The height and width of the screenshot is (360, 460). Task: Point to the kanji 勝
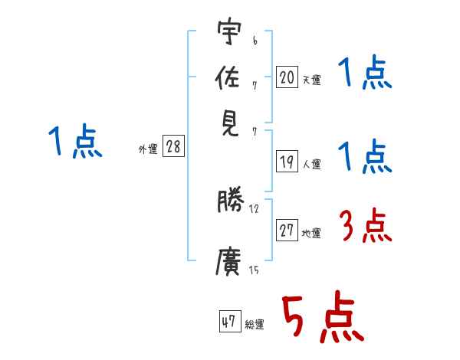pyautogui.click(x=229, y=201)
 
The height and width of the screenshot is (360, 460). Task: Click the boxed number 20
pyautogui.click(x=287, y=77)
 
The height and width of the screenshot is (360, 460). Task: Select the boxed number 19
pyautogui.click(x=287, y=162)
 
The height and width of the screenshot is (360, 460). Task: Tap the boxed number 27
pyautogui.click(x=287, y=231)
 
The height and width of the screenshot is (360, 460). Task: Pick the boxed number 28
pyautogui.click(x=173, y=147)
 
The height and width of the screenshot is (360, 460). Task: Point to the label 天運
pyautogui.click(x=312, y=80)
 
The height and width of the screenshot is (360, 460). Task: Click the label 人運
pyautogui.click(x=312, y=164)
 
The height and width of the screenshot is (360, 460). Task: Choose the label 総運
pyautogui.click(x=255, y=325)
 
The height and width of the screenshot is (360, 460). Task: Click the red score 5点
pyautogui.click(x=320, y=319)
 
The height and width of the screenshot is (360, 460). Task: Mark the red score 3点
pyautogui.click(x=363, y=228)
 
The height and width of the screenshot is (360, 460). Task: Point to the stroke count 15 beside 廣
pyautogui.click(x=254, y=270)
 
